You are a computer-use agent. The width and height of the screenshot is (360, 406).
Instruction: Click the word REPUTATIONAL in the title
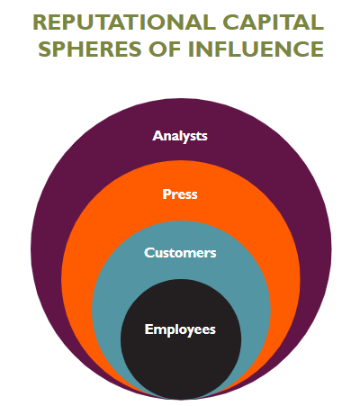click(124, 23)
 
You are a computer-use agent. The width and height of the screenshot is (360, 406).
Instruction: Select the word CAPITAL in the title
click(274, 23)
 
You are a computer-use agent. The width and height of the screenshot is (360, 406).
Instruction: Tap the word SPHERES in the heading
click(90, 49)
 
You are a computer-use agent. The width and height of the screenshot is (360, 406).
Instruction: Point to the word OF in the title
click(165, 49)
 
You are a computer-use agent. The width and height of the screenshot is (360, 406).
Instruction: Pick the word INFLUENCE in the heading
click(256, 49)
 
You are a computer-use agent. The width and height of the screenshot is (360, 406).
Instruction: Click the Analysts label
click(180, 136)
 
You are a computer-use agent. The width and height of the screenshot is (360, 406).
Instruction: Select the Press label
click(180, 194)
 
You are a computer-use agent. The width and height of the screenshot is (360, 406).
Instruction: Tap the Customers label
click(180, 253)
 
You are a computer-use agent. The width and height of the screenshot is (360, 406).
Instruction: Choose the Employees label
click(180, 329)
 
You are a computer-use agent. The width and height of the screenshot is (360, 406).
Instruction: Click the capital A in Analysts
click(157, 136)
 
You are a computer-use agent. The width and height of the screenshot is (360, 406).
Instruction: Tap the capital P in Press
click(166, 194)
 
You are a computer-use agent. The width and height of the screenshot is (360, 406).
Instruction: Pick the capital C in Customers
click(149, 253)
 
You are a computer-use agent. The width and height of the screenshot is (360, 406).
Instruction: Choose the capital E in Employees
click(148, 329)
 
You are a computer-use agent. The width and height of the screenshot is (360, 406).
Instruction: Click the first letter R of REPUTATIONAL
click(40, 23)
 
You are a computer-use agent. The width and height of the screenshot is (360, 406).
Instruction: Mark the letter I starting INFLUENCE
click(191, 49)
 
